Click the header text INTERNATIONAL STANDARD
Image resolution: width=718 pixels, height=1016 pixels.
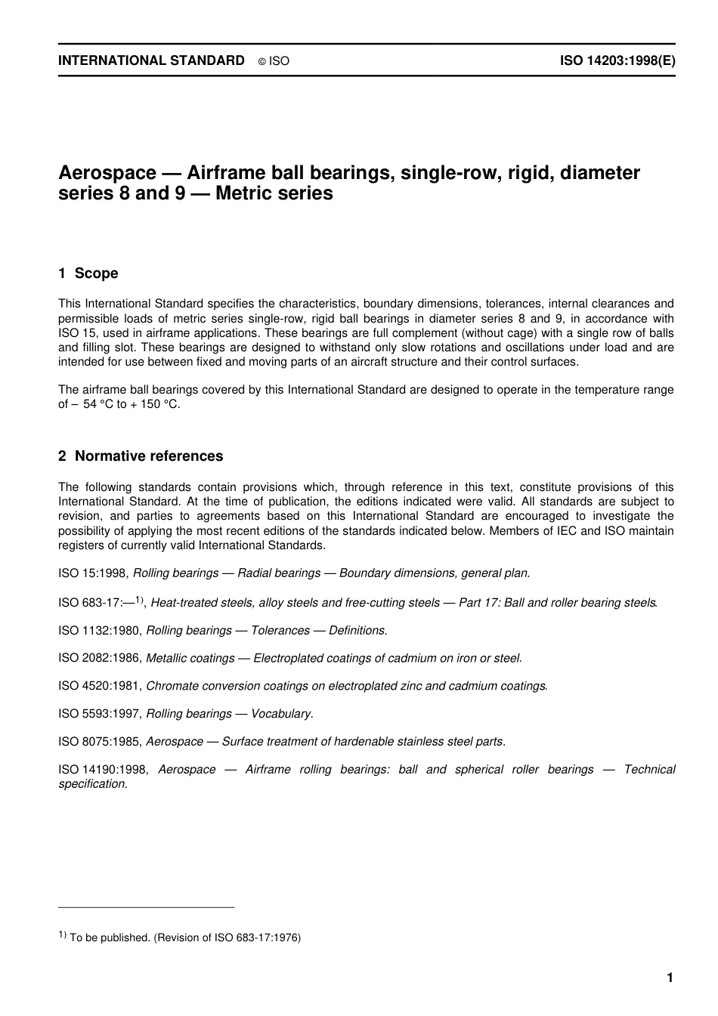(x=151, y=60)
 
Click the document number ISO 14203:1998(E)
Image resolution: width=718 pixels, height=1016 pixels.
(x=617, y=60)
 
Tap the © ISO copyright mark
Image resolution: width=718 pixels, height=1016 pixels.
(x=274, y=61)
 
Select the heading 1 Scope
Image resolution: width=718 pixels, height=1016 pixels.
(x=88, y=273)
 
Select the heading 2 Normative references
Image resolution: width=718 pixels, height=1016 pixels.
(x=141, y=456)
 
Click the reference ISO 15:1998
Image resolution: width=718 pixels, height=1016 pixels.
(x=94, y=573)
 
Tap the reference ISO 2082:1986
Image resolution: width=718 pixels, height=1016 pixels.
(x=100, y=659)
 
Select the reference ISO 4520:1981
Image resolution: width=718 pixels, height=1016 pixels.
(x=100, y=687)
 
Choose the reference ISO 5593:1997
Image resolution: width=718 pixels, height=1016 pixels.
(x=100, y=714)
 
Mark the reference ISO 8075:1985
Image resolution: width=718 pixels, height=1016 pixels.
(x=100, y=742)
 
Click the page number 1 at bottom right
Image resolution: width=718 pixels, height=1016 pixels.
(x=670, y=978)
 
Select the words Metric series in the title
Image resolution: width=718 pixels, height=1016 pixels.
(x=274, y=193)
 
